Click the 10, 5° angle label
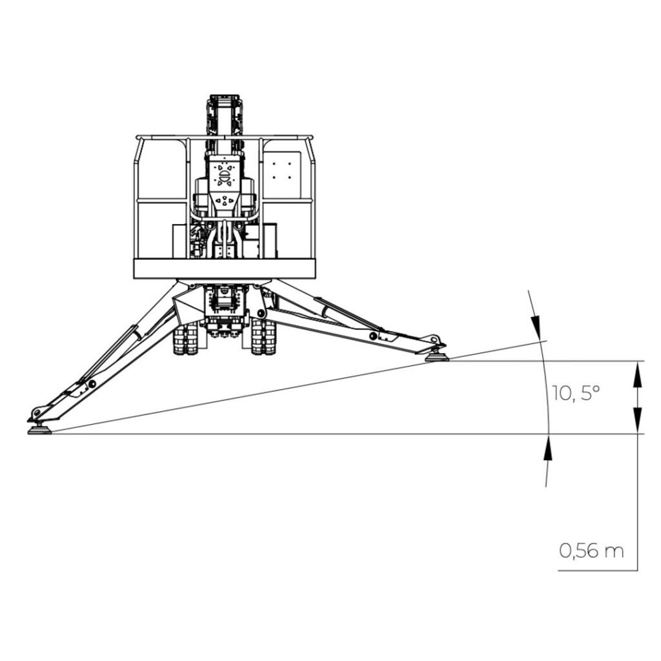576,393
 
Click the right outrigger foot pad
437,356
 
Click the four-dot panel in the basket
282,171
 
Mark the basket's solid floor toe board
225,269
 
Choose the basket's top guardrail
225,137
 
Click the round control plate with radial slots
224,174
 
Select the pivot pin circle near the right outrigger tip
373,336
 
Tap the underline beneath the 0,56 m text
597,570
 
